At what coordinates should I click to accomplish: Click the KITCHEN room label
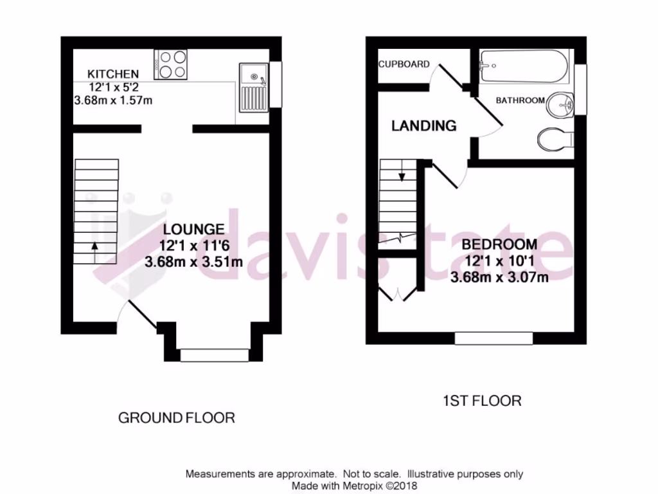point(113,74)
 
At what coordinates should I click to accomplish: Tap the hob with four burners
point(171,64)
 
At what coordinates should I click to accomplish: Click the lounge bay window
point(214,354)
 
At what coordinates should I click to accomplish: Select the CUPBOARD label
point(404,64)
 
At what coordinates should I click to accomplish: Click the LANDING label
point(424,126)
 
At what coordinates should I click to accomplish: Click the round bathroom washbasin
point(561,105)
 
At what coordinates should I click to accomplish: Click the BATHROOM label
point(520,100)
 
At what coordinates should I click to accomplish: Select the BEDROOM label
point(499,244)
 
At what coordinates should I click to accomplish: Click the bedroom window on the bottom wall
point(493,338)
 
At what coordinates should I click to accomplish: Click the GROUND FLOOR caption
point(177,418)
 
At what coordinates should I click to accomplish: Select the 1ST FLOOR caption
point(482,401)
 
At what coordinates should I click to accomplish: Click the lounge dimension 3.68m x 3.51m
point(193,262)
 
